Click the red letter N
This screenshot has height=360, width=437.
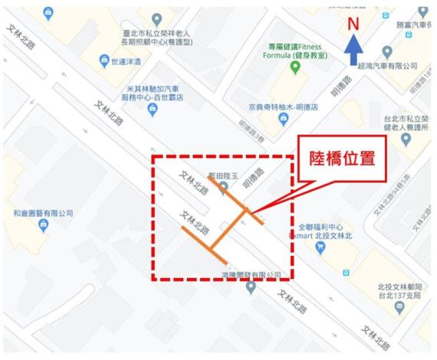click(x=353, y=23)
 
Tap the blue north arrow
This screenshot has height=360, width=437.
click(x=353, y=52)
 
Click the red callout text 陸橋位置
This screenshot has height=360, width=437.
click(x=342, y=160)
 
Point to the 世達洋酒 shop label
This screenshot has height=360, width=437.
click(x=127, y=62)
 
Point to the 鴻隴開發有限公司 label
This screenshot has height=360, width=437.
click(x=251, y=275)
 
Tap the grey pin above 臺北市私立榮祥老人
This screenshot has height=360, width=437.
click(x=157, y=18)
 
